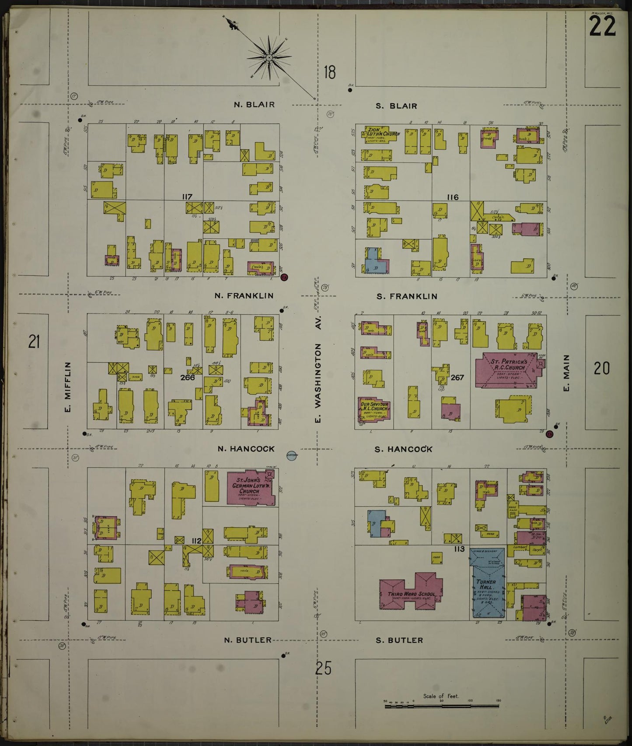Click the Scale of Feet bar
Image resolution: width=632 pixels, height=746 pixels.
(441, 705)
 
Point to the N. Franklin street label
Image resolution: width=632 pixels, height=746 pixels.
(244, 296)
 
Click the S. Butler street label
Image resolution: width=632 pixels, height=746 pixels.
(399, 640)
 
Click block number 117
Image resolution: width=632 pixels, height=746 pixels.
(187, 197)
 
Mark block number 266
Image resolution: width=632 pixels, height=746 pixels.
(187, 377)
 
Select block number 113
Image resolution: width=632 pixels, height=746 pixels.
(458, 549)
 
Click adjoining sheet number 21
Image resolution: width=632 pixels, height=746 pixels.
(34, 341)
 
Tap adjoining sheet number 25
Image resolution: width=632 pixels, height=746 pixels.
(322, 669)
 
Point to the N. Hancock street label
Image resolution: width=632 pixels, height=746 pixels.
(246, 449)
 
